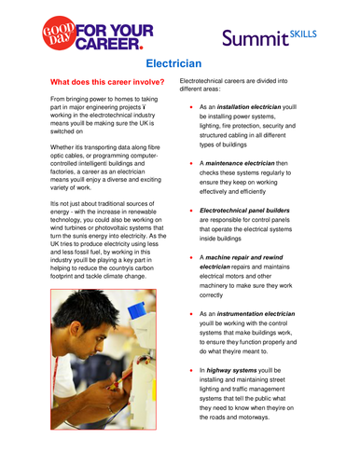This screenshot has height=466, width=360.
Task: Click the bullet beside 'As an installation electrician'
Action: [x=190, y=108]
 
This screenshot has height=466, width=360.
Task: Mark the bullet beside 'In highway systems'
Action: [x=190, y=370]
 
